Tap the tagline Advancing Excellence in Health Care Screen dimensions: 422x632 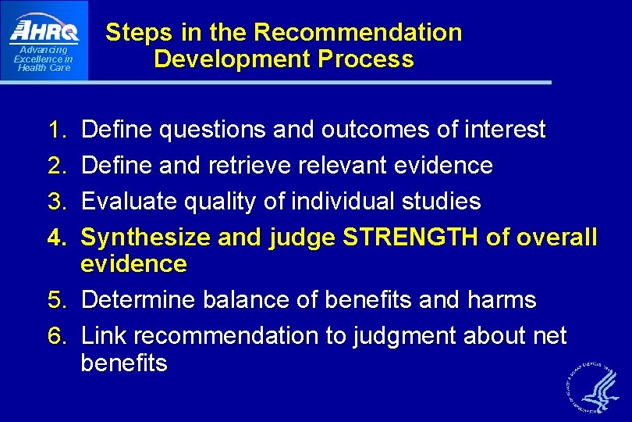coord(44,59)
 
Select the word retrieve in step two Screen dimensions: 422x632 coord(240,166)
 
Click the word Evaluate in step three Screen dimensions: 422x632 coord(129,202)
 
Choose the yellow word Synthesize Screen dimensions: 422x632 coord(146,238)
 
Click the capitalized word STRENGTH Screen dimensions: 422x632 coord(410,238)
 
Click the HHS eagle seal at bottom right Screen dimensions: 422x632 coord(590,384)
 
